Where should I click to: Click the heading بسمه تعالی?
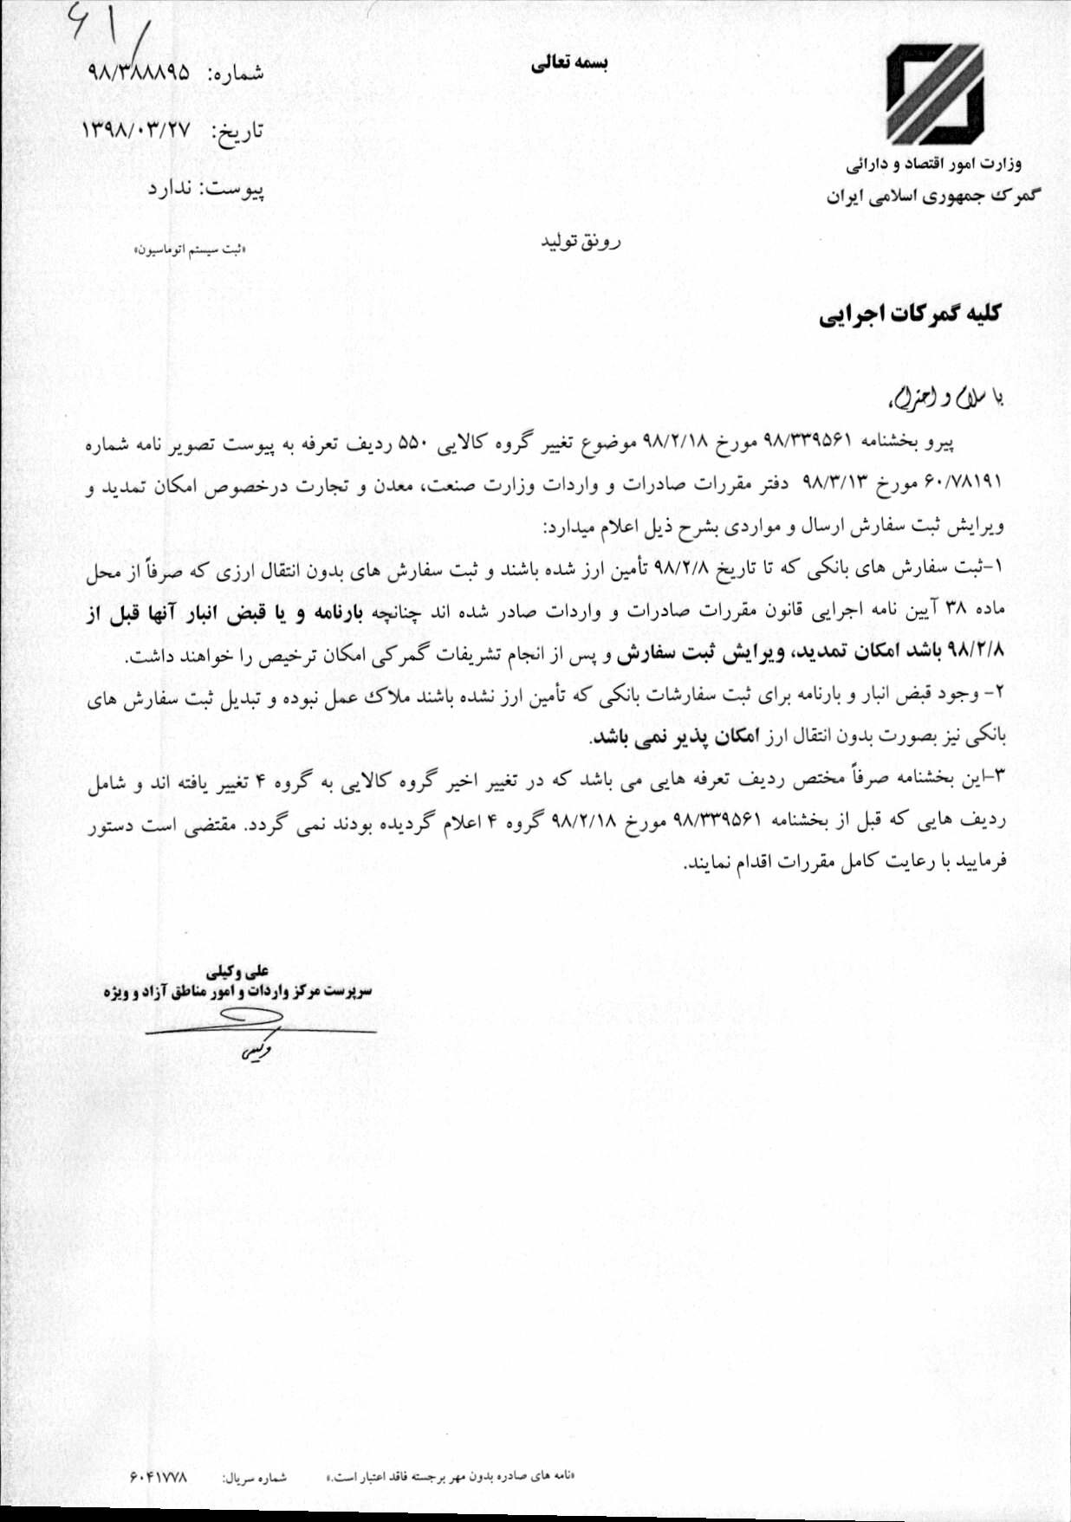[x=569, y=66]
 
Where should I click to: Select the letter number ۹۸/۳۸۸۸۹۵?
[x=139, y=73]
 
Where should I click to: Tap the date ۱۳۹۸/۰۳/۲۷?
[x=135, y=131]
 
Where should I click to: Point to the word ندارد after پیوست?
[x=170, y=188]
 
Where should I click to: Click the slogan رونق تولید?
[x=581, y=242]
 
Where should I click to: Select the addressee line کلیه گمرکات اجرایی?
[x=910, y=314]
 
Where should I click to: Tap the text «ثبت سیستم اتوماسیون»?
[x=190, y=249]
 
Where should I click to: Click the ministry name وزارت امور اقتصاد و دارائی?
[x=934, y=163]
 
